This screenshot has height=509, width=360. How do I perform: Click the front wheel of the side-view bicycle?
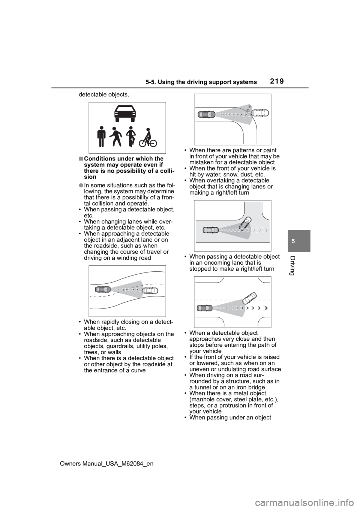tap(153, 143)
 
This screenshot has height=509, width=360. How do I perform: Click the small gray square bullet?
tap(81, 159)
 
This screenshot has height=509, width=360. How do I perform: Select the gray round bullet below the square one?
tap(81, 186)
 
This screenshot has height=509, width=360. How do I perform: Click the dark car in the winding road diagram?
tap(103, 289)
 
